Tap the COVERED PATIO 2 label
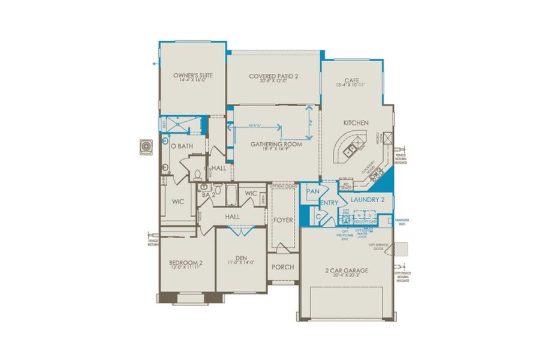click(x=273, y=76)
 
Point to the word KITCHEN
click(x=356, y=122)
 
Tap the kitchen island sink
click(x=354, y=146)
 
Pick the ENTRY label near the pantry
click(x=330, y=203)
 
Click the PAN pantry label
click(x=312, y=191)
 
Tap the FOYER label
click(x=283, y=220)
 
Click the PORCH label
click(x=283, y=266)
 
